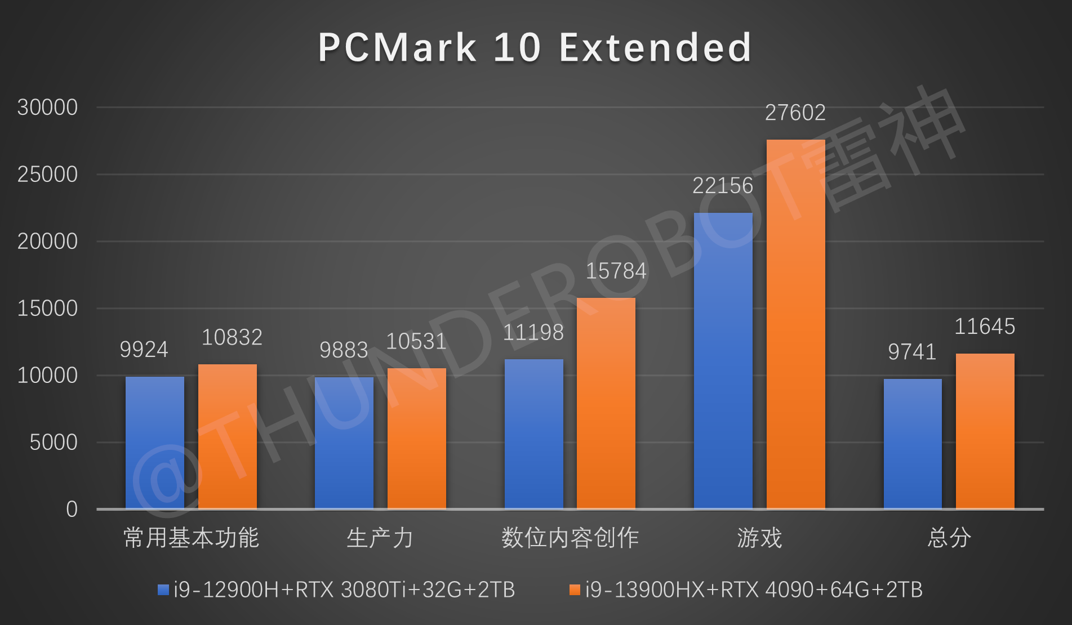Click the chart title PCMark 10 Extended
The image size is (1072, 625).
[535, 47]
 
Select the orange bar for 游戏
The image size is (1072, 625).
[795, 324]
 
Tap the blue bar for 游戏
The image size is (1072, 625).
[723, 360]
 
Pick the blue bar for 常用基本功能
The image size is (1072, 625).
[155, 443]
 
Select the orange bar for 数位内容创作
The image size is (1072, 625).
[606, 403]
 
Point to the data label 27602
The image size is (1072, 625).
[795, 113]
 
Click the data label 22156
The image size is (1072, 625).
[722, 186]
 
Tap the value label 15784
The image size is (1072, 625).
[616, 271]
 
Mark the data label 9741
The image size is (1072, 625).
[911, 352]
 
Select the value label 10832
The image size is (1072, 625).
[232, 338]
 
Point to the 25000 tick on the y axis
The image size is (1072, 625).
[47, 175]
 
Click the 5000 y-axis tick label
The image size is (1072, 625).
[54, 443]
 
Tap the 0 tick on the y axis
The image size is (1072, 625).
[72, 510]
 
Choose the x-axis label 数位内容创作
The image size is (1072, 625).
[570, 538]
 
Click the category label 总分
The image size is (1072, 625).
[949, 538]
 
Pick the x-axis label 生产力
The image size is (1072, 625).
[380, 538]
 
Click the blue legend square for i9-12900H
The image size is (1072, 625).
[163, 590]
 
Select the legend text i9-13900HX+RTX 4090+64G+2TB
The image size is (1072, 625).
[754, 590]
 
